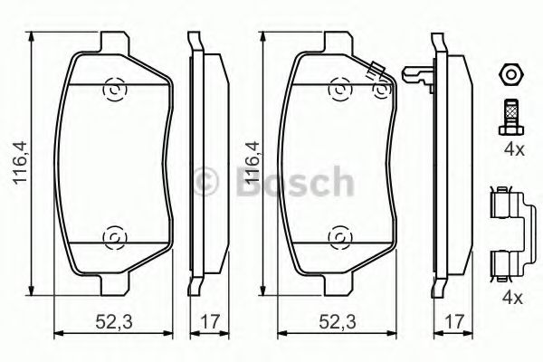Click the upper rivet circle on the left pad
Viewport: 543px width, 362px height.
[x=115, y=90]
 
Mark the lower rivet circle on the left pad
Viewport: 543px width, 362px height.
[x=115, y=237]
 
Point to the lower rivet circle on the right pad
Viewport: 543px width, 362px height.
[x=339, y=237]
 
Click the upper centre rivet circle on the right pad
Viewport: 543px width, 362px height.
[x=339, y=90]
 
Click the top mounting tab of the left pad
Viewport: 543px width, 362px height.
[x=113, y=43]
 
